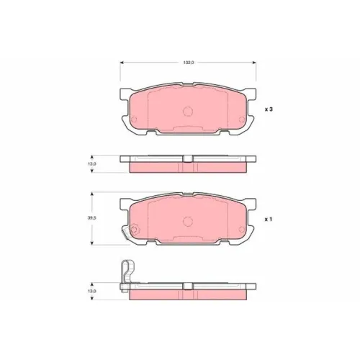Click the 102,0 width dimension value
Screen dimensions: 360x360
(x=189, y=63)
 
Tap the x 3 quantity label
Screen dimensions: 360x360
(x=269, y=109)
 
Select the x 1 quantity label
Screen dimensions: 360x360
(x=269, y=220)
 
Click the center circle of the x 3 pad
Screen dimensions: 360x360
(x=188, y=111)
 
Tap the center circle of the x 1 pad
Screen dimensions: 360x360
(x=188, y=221)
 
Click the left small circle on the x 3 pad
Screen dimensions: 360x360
(x=134, y=120)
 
